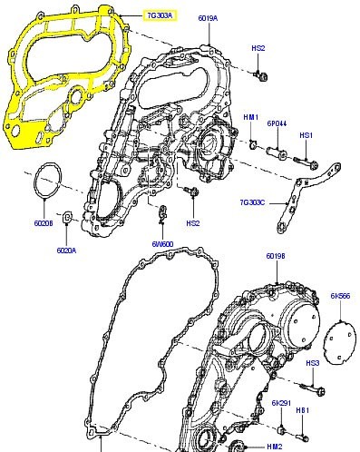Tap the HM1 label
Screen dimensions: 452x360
coord(251,118)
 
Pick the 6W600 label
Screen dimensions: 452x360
coord(162,243)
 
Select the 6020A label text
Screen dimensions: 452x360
coord(67,251)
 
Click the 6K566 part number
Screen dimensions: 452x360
coord(341,297)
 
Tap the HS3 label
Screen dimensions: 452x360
coord(311,363)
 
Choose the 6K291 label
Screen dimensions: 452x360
coord(281,402)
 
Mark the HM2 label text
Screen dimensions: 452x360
coord(274,446)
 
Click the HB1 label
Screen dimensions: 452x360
coord(306,410)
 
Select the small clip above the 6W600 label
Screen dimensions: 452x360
coord(163,215)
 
